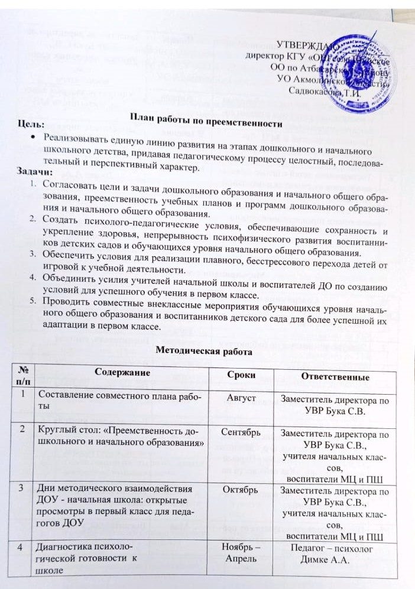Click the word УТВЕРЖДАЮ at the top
point(308,45)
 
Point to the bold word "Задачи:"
point(36,171)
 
